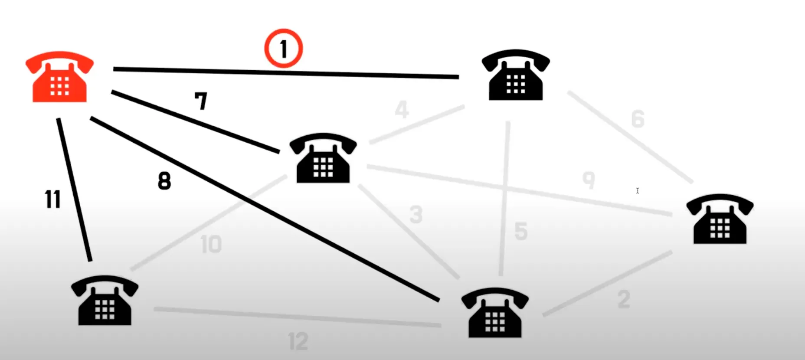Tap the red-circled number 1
284,49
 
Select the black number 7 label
201,101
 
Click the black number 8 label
164,181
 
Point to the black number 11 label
52,200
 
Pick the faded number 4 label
402,109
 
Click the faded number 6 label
638,119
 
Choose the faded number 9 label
589,180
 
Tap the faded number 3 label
416,215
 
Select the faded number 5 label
521,231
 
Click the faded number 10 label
211,245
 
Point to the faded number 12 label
298,341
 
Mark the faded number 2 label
624,300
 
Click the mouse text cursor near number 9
638,191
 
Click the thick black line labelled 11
75,190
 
